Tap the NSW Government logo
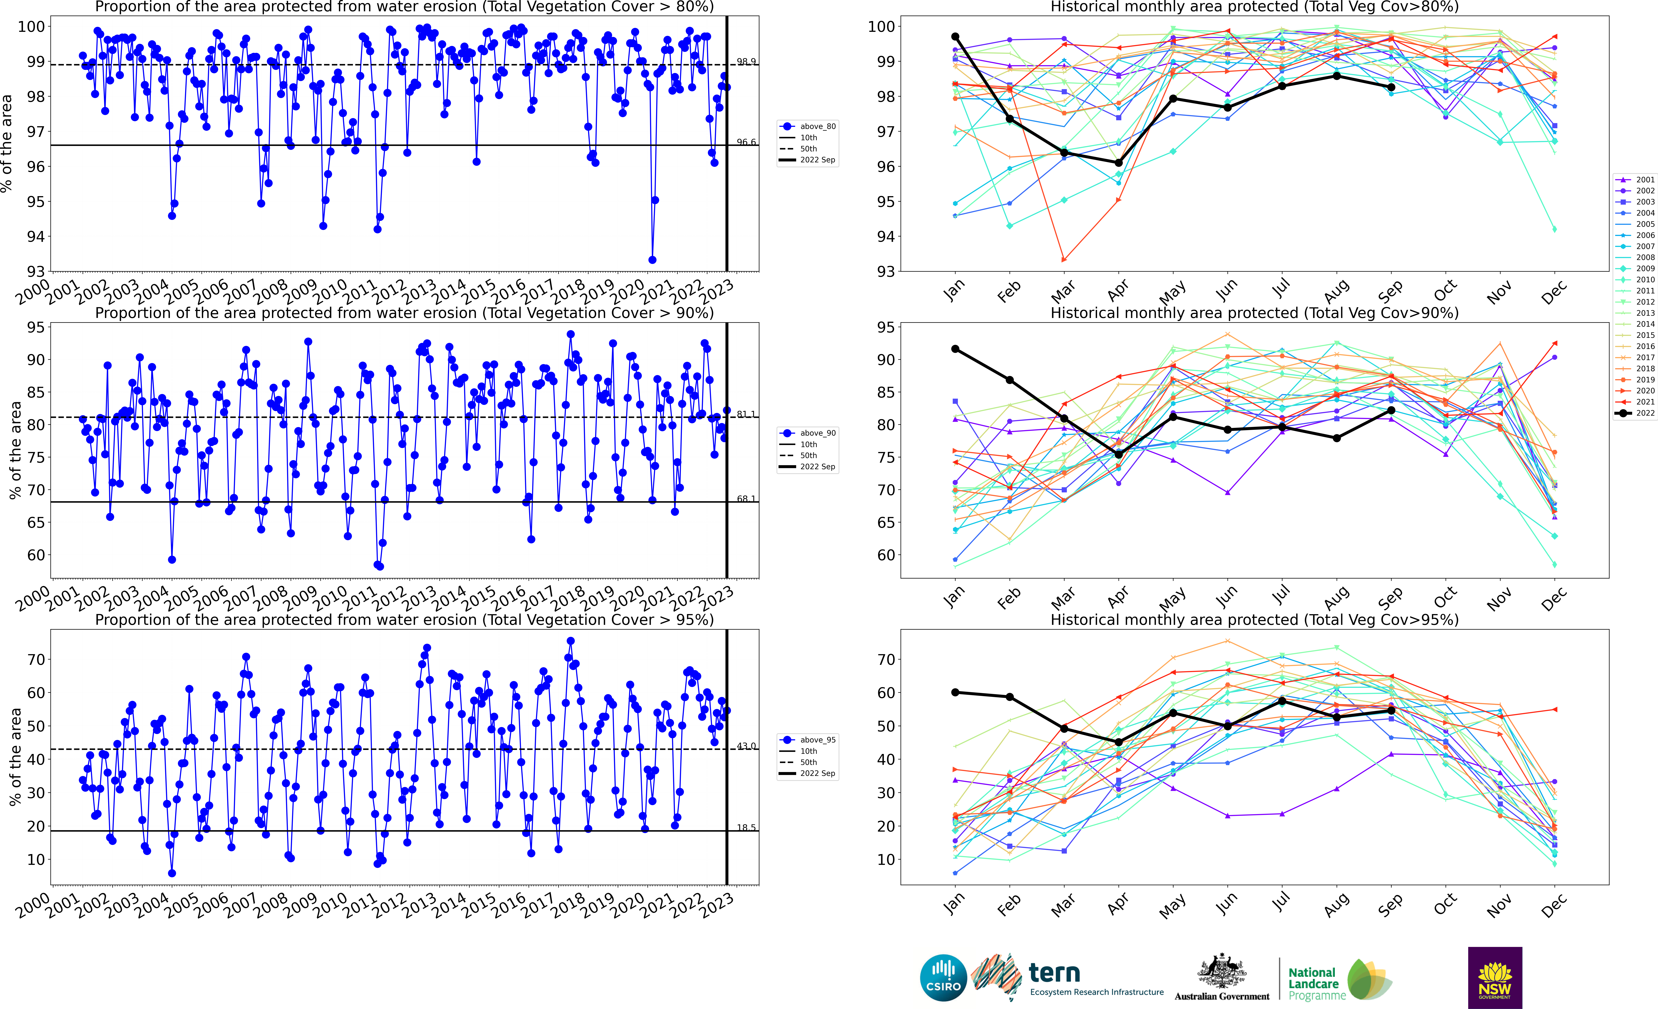pyautogui.click(x=1495, y=977)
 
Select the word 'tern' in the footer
pyautogui.click(x=1054, y=973)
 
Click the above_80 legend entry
pyautogui.click(x=808, y=126)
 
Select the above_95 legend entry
pyautogui.click(x=808, y=740)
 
